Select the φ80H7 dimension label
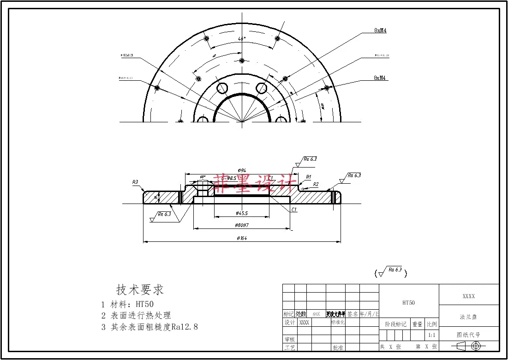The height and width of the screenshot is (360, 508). coord(242,225)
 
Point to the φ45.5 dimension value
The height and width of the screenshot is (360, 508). coord(241,213)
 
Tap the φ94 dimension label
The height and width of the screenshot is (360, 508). coord(241,170)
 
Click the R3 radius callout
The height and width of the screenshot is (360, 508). coord(135,182)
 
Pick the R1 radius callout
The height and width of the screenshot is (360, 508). coord(309,177)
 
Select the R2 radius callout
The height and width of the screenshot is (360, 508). coord(316,184)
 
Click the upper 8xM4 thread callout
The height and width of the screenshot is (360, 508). coord(380,30)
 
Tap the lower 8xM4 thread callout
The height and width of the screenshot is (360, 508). coord(380,78)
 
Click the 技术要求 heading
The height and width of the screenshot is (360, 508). coord(140,290)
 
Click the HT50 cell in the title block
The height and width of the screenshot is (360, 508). coord(408,303)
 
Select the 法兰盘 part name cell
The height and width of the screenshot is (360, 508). coord(468,317)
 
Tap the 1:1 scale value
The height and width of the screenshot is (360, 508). coord(432,335)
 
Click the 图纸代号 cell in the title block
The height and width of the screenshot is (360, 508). coord(468,335)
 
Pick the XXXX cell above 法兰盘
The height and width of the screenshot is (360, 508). coord(468,296)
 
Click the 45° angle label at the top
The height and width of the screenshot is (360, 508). coord(241,39)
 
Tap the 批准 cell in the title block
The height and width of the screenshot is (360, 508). coord(338,347)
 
